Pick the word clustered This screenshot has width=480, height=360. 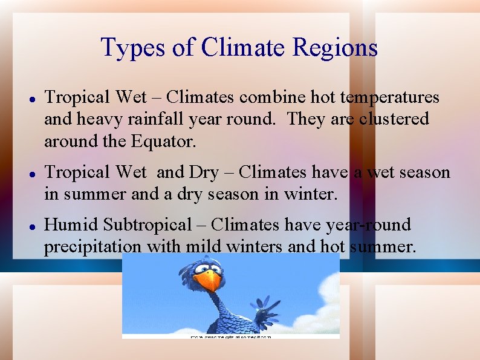[x=394, y=119]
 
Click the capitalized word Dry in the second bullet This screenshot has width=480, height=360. [x=204, y=172]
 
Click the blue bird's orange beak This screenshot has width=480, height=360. [x=209, y=281]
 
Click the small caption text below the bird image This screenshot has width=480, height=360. [x=231, y=336]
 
